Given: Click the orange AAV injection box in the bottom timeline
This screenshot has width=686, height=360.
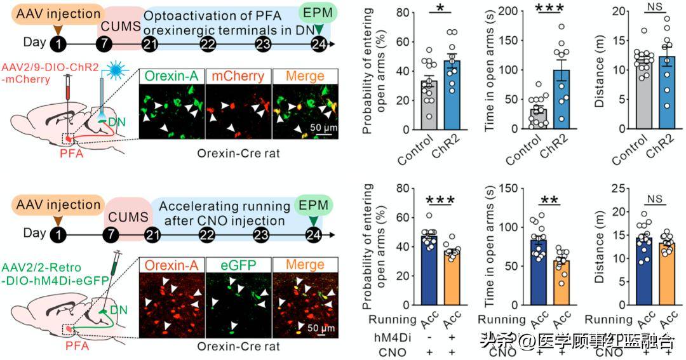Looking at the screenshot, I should (58, 205).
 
